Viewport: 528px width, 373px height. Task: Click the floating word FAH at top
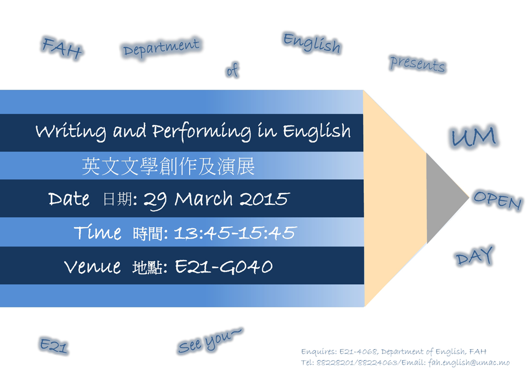coord(62,48)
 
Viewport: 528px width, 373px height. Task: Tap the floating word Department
coord(161,48)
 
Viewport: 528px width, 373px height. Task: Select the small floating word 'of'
coord(232,70)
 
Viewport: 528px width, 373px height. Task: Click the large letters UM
coord(473,136)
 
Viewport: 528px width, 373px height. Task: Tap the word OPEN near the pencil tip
coord(497,200)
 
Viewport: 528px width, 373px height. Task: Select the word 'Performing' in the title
coord(202,131)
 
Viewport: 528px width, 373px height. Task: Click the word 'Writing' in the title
coord(71,131)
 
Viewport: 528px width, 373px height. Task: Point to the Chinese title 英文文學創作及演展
coord(168,166)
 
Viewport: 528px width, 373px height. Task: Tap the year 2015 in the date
coord(264,199)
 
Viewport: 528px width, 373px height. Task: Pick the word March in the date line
coord(204,198)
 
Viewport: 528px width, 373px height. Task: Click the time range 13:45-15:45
coord(235,233)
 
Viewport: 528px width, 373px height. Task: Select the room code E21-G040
coord(224,267)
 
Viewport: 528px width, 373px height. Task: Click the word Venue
coord(92,267)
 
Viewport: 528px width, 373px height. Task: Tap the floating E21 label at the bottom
coord(54,345)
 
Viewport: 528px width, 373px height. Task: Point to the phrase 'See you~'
coord(209,341)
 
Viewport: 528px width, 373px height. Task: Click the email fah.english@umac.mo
coord(469,362)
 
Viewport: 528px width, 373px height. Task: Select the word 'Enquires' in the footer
coord(319,352)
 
